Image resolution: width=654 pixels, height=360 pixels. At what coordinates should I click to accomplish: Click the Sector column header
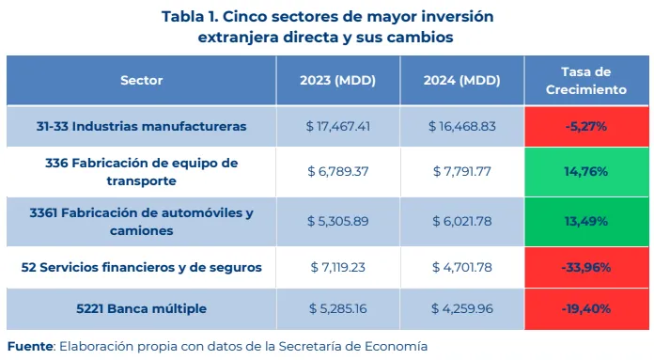pyautogui.click(x=141, y=80)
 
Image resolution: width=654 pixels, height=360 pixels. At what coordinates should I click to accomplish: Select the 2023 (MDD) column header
pyautogui.click(x=337, y=80)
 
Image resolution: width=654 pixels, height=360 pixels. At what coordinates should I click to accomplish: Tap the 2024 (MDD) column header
pyautogui.click(x=461, y=80)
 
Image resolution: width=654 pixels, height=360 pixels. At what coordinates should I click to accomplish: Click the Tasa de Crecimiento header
pyautogui.click(x=586, y=81)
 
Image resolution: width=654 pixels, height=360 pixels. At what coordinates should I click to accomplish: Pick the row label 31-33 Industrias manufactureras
pyautogui.click(x=141, y=126)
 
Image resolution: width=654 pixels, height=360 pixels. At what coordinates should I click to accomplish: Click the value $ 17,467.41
pyautogui.click(x=338, y=126)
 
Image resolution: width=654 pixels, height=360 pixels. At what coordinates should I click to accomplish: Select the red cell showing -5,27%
pyautogui.click(x=586, y=126)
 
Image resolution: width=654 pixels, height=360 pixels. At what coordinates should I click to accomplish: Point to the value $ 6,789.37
pyautogui.click(x=338, y=171)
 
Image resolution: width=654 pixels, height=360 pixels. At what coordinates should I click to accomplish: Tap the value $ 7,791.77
pyautogui.click(x=461, y=171)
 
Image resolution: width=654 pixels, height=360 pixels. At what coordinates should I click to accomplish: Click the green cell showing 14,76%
pyautogui.click(x=586, y=171)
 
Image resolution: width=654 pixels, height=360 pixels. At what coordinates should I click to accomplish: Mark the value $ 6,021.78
pyautogui.click(x=461, y=221)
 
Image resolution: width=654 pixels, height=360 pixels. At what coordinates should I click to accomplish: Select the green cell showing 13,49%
pyautogui.click(x=586, y=222)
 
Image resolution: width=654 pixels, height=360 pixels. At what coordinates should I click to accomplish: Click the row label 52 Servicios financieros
pyautogui.click(x=141, y=267)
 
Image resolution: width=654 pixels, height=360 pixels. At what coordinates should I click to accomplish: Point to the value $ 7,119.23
pyautogui.click(x=338, y=267)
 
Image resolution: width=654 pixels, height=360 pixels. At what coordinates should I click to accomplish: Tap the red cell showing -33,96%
pyautogui.click(x=586, y=267)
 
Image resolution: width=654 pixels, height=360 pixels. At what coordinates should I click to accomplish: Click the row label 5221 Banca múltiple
pyautogui.click(x=141, y=308)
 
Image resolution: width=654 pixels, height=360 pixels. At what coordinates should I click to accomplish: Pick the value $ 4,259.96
pyautogui.click(x=461, y=308)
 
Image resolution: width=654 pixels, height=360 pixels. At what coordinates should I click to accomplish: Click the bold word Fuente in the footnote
pyautogui.click(x=30, y=346)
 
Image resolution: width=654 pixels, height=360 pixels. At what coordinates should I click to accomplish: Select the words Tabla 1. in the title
pyautogui.click(x=190, y=17)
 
